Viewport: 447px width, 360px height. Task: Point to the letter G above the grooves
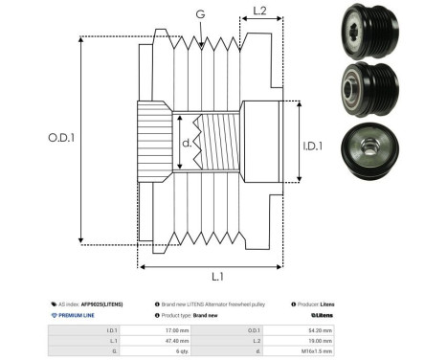199,14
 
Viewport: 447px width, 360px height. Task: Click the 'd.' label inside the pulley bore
187,144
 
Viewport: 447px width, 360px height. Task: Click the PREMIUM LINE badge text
78,314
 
